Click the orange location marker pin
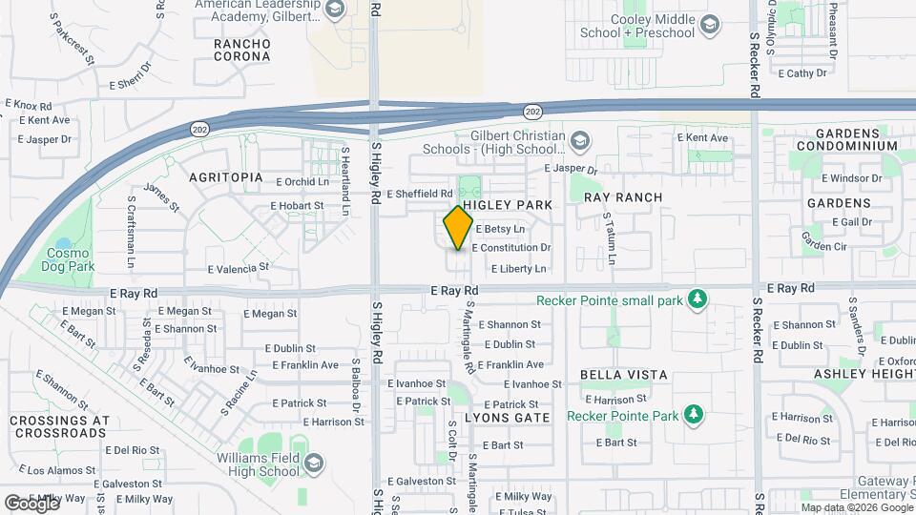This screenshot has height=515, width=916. click(458, 228)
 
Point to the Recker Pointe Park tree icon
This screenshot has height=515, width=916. click(695, 415)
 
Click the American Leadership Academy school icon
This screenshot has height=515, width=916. click(333, 10)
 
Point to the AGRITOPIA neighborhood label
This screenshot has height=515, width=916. click(225, 177)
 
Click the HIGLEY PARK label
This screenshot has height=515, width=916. click(508, 205)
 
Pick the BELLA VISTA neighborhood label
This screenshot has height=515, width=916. click(624, 376)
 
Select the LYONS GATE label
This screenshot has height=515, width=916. click(507, 418)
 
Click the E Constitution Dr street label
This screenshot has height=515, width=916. click(510, 248)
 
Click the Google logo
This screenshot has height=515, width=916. click(31, 503)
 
